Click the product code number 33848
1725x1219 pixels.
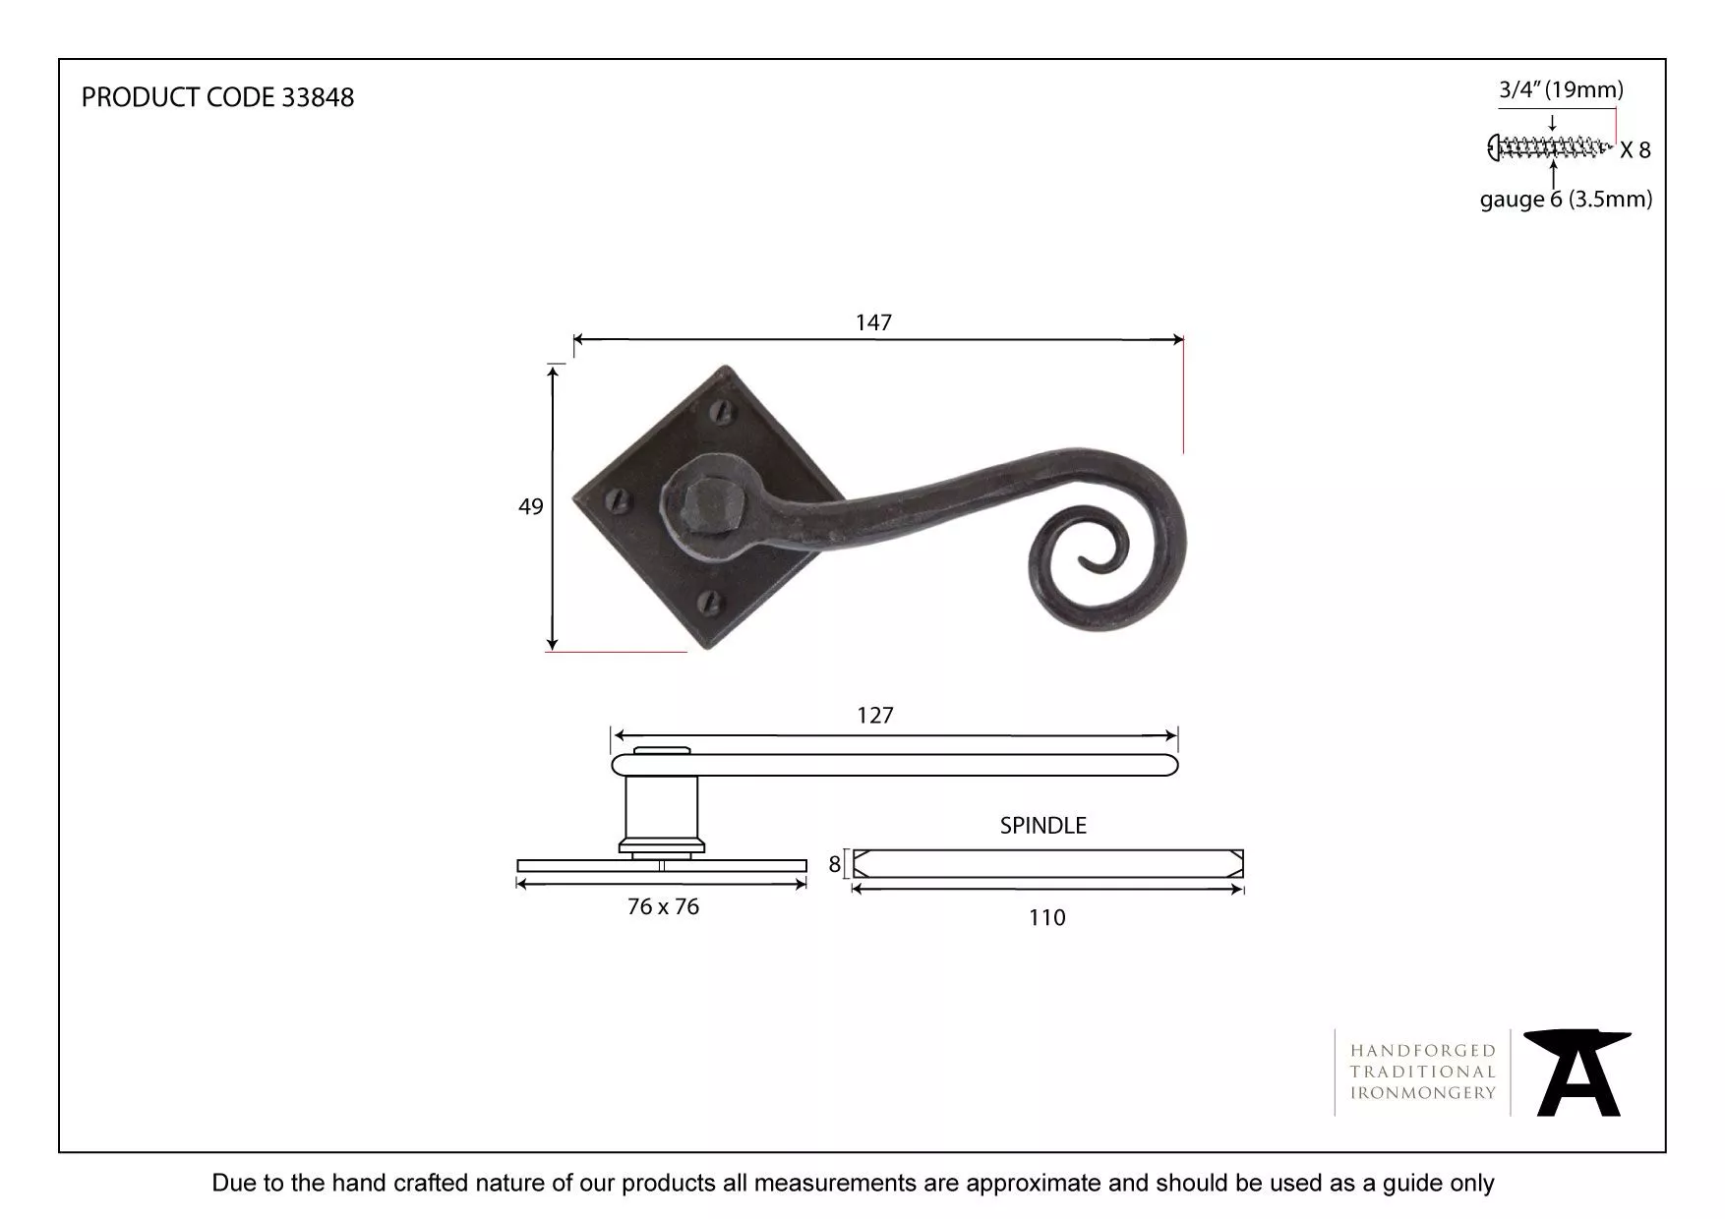tap(318, 97)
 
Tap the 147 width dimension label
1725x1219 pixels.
tap(873, 322)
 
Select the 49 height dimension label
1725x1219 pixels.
tap(530, 506)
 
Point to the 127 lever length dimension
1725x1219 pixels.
tap(874, 716)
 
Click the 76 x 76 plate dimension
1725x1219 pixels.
tap(663, 906)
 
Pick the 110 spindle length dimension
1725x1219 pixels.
tap(1046, 917)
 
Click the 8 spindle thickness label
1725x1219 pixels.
tap(835, 864)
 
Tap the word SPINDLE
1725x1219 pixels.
tap(1042, 826)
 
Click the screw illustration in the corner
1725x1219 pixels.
tap(1550, 148)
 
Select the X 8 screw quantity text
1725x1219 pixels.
tap(1635, 150)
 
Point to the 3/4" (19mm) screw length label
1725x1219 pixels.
tap(1561, 90)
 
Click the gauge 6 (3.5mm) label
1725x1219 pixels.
tap(1566, 200)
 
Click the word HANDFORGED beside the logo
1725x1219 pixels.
tap(1422, 1051)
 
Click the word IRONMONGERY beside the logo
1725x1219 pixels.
tap(1422, 1092)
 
